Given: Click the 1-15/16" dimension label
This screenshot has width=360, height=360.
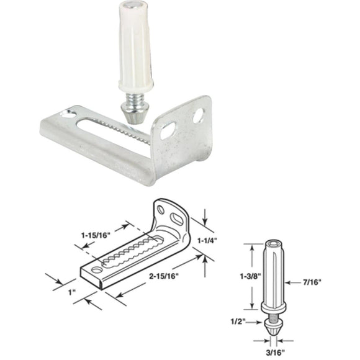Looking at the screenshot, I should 94,236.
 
